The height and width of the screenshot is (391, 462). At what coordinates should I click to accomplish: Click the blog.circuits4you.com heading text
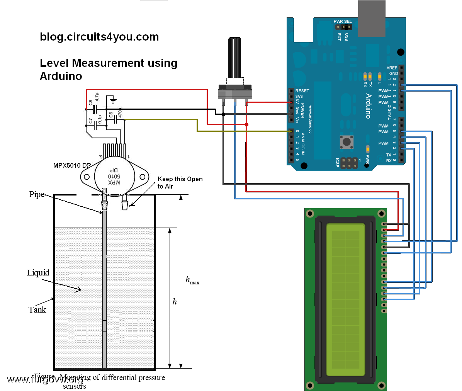click(99, 37)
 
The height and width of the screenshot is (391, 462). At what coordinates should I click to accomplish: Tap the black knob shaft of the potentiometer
click(235, 58)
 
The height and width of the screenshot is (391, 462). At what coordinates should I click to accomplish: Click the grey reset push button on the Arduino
click(346, 142)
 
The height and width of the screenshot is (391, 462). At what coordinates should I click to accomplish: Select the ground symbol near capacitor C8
click(113, 101)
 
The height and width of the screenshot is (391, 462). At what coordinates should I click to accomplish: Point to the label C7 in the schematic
click(91, 121)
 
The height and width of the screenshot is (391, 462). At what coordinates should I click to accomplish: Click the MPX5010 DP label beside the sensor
click(72, 165)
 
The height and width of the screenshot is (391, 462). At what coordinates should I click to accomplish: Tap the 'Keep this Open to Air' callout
click(180, 182)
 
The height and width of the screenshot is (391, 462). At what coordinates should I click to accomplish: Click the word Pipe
click(37, 194)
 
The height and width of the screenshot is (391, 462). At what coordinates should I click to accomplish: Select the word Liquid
click(38, 273)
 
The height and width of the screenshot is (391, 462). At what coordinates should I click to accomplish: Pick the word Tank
click(37, 309)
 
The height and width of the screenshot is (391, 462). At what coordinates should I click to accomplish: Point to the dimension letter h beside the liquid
click(175, 302)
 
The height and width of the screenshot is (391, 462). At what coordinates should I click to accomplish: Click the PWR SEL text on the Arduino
click(343, 21)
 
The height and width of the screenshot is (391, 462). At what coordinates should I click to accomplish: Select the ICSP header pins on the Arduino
click(349, 163)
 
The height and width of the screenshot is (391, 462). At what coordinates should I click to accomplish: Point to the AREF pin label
click(392, 68)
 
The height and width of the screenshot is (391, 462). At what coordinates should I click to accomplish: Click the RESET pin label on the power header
click(302, 91)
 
